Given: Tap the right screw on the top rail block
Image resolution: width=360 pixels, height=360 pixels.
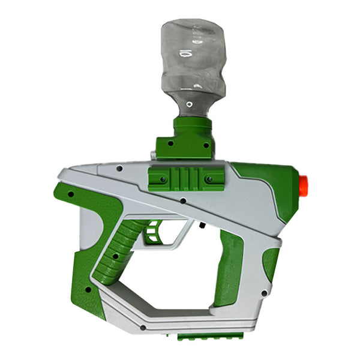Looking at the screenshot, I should pos(209,179).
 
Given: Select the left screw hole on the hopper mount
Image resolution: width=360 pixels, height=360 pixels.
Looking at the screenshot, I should pos(170,145).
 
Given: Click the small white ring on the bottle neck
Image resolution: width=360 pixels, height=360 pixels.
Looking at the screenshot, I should pos(190,104).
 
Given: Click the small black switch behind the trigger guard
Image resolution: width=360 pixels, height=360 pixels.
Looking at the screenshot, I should pos(202,226).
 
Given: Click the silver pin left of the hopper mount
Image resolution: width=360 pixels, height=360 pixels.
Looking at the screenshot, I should pos(152,155).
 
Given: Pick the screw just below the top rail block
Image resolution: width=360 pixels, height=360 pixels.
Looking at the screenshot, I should pos(179,202).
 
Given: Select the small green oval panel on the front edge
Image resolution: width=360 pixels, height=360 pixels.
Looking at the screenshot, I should pos(271,264).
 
